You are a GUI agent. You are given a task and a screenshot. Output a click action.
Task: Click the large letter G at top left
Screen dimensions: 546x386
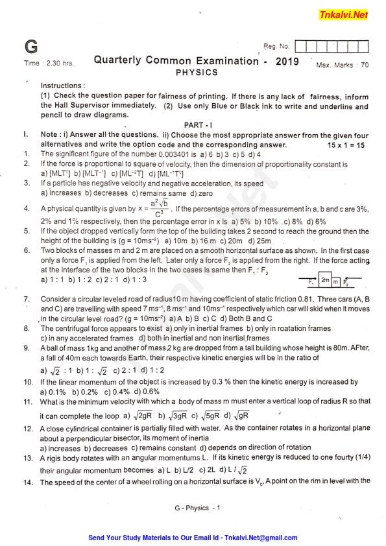coord(30,47)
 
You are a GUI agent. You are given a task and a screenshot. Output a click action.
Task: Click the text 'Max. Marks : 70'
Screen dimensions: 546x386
coord(342,65)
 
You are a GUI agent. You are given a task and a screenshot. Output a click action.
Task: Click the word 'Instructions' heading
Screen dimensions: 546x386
coord(62,86)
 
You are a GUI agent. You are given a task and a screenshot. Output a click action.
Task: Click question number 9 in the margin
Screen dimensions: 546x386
coord(27,348)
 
